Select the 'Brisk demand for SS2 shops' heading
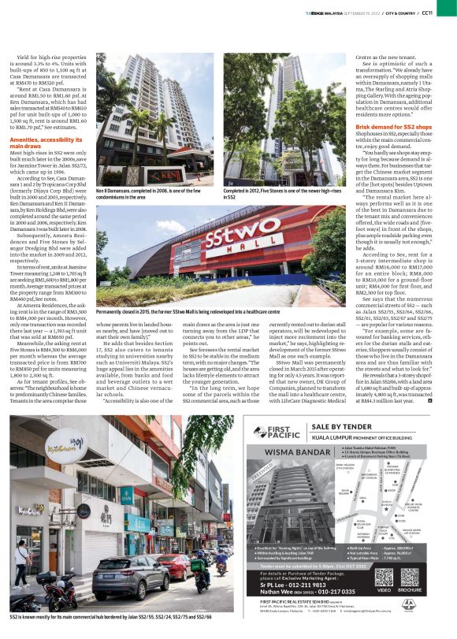[x=394, y=126]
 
